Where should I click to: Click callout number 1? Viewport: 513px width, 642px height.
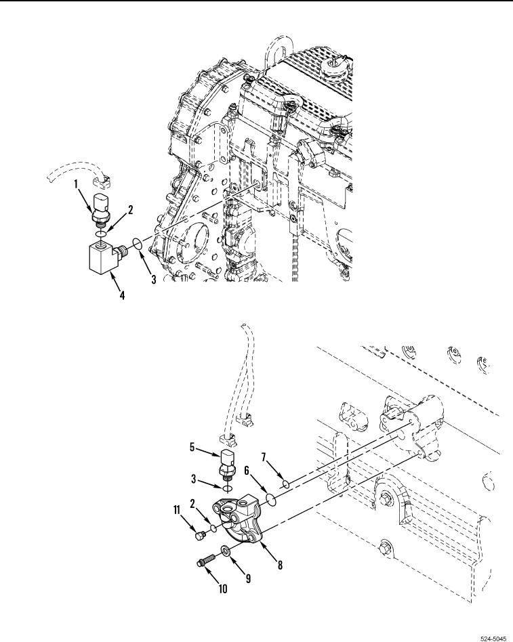coord(76,184)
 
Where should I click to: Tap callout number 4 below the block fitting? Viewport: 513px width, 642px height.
coord(122,295)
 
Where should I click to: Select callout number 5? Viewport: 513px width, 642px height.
coord(192,447)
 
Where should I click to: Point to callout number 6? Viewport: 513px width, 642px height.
coord(247,471)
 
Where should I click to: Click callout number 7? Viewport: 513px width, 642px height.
coord(264,456)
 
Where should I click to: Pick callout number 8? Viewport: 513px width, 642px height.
coord(281,565)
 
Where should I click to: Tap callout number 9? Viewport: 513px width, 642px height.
coord(248,578)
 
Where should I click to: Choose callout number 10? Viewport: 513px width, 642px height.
coord(223,588)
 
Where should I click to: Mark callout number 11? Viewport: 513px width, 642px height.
coord(177,510)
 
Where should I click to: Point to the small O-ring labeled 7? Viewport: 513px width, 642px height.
coord(285,485)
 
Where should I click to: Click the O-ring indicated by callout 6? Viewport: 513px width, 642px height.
coord(270,499)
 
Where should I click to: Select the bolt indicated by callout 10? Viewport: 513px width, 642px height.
coord(207,559)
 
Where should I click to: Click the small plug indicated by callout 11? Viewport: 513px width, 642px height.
coord(201,536)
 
